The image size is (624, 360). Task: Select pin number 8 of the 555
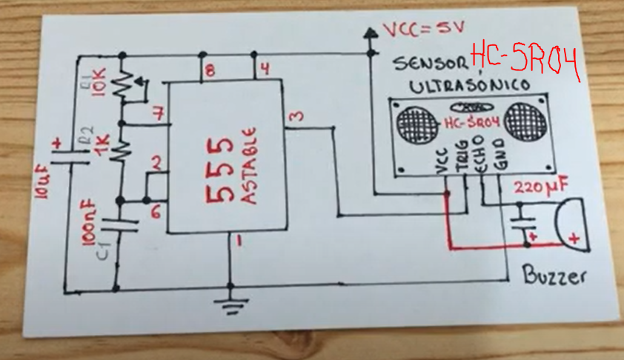[210, 71]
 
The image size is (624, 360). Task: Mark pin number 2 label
[156, 162]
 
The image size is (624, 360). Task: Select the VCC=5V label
[422, 30]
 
